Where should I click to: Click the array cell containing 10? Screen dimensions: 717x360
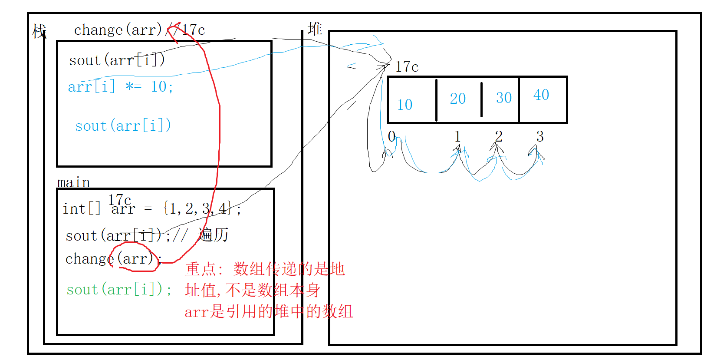click(x=411, y=100)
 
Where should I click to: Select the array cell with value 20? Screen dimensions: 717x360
click(x=458, y=99)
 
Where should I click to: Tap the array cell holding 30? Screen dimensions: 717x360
click(x=500, y=99)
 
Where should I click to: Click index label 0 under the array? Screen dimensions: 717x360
click(x=391, y=136)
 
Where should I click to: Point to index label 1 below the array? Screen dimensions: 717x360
click(x=457, y=136)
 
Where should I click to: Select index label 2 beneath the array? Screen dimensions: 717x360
click(x=499, y=136)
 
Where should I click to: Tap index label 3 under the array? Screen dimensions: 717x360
click(x=540, y=136)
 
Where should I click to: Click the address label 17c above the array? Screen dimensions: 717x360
click(x=407, y=67)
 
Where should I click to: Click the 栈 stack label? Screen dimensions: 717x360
click(x=39, y=31)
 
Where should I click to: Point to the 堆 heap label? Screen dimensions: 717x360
click(x=315, y=29)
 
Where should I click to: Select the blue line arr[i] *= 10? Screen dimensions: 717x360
click(x=121, y=87)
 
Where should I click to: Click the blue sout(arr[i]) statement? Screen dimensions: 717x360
click(x=123, y=126)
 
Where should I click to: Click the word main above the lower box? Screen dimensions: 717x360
click(x=73, y=182)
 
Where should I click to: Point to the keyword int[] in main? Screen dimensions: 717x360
click(x=81, y=209)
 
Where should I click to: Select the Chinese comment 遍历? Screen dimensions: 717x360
click(x=213, y=235)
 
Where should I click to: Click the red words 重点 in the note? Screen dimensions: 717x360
click(x=200, y=269)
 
